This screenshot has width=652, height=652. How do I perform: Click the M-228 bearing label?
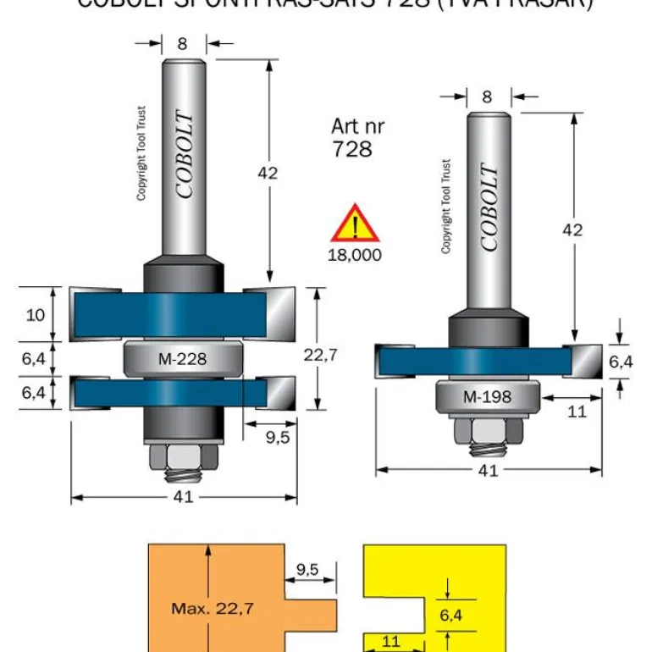(182, 358)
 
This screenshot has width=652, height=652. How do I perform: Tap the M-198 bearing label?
(487, 396)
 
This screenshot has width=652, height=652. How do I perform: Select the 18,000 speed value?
(356, 254)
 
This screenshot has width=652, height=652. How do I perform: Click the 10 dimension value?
(35, 315)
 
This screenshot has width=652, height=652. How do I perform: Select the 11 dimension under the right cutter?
(577, 412)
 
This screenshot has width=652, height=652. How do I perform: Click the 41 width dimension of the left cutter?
(183, 497)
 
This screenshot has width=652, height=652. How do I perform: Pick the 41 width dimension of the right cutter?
(488, 471)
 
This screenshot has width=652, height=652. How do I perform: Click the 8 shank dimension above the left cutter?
(183, 42)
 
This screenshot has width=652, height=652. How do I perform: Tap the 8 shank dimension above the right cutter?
(487, 97)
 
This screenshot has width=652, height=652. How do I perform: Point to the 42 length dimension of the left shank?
(268, 173)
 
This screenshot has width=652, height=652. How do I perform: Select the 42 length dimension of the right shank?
(573, 229)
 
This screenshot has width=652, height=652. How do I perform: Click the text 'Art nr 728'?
(357, 137)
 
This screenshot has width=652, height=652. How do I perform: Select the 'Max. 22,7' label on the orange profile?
(213, 607)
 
